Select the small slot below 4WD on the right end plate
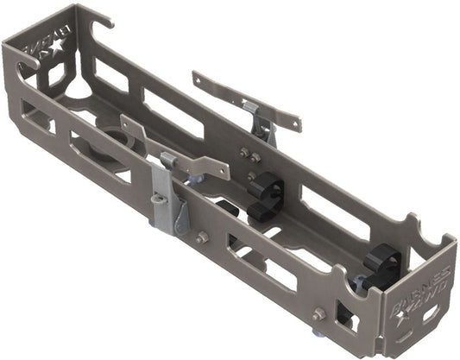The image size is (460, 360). pyautogui.click(x=429, y=313)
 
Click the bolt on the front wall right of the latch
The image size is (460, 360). pyautogui.click(x=201, y=237)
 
